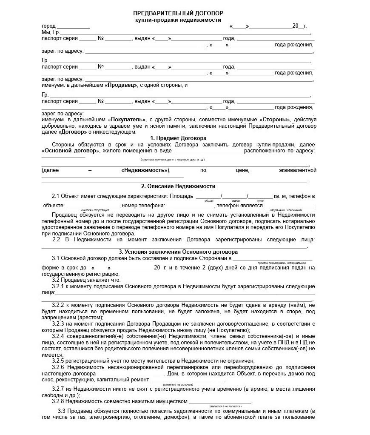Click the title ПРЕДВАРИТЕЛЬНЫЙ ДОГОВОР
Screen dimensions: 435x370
point(178,14)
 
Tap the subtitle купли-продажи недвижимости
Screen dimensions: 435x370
point(178,20)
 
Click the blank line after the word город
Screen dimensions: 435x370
point(74,27)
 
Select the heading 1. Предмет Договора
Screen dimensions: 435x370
point(178,138)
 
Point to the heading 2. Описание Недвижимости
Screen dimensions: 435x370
point(178,186)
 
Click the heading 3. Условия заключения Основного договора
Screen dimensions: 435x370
point(178,252)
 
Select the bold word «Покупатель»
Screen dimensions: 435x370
point(127,120)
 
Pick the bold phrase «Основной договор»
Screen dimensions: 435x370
point(71,151)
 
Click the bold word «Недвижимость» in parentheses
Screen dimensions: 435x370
point(145,170)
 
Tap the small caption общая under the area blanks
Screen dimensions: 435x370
point(209,200)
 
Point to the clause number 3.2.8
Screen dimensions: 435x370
point(58,401)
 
